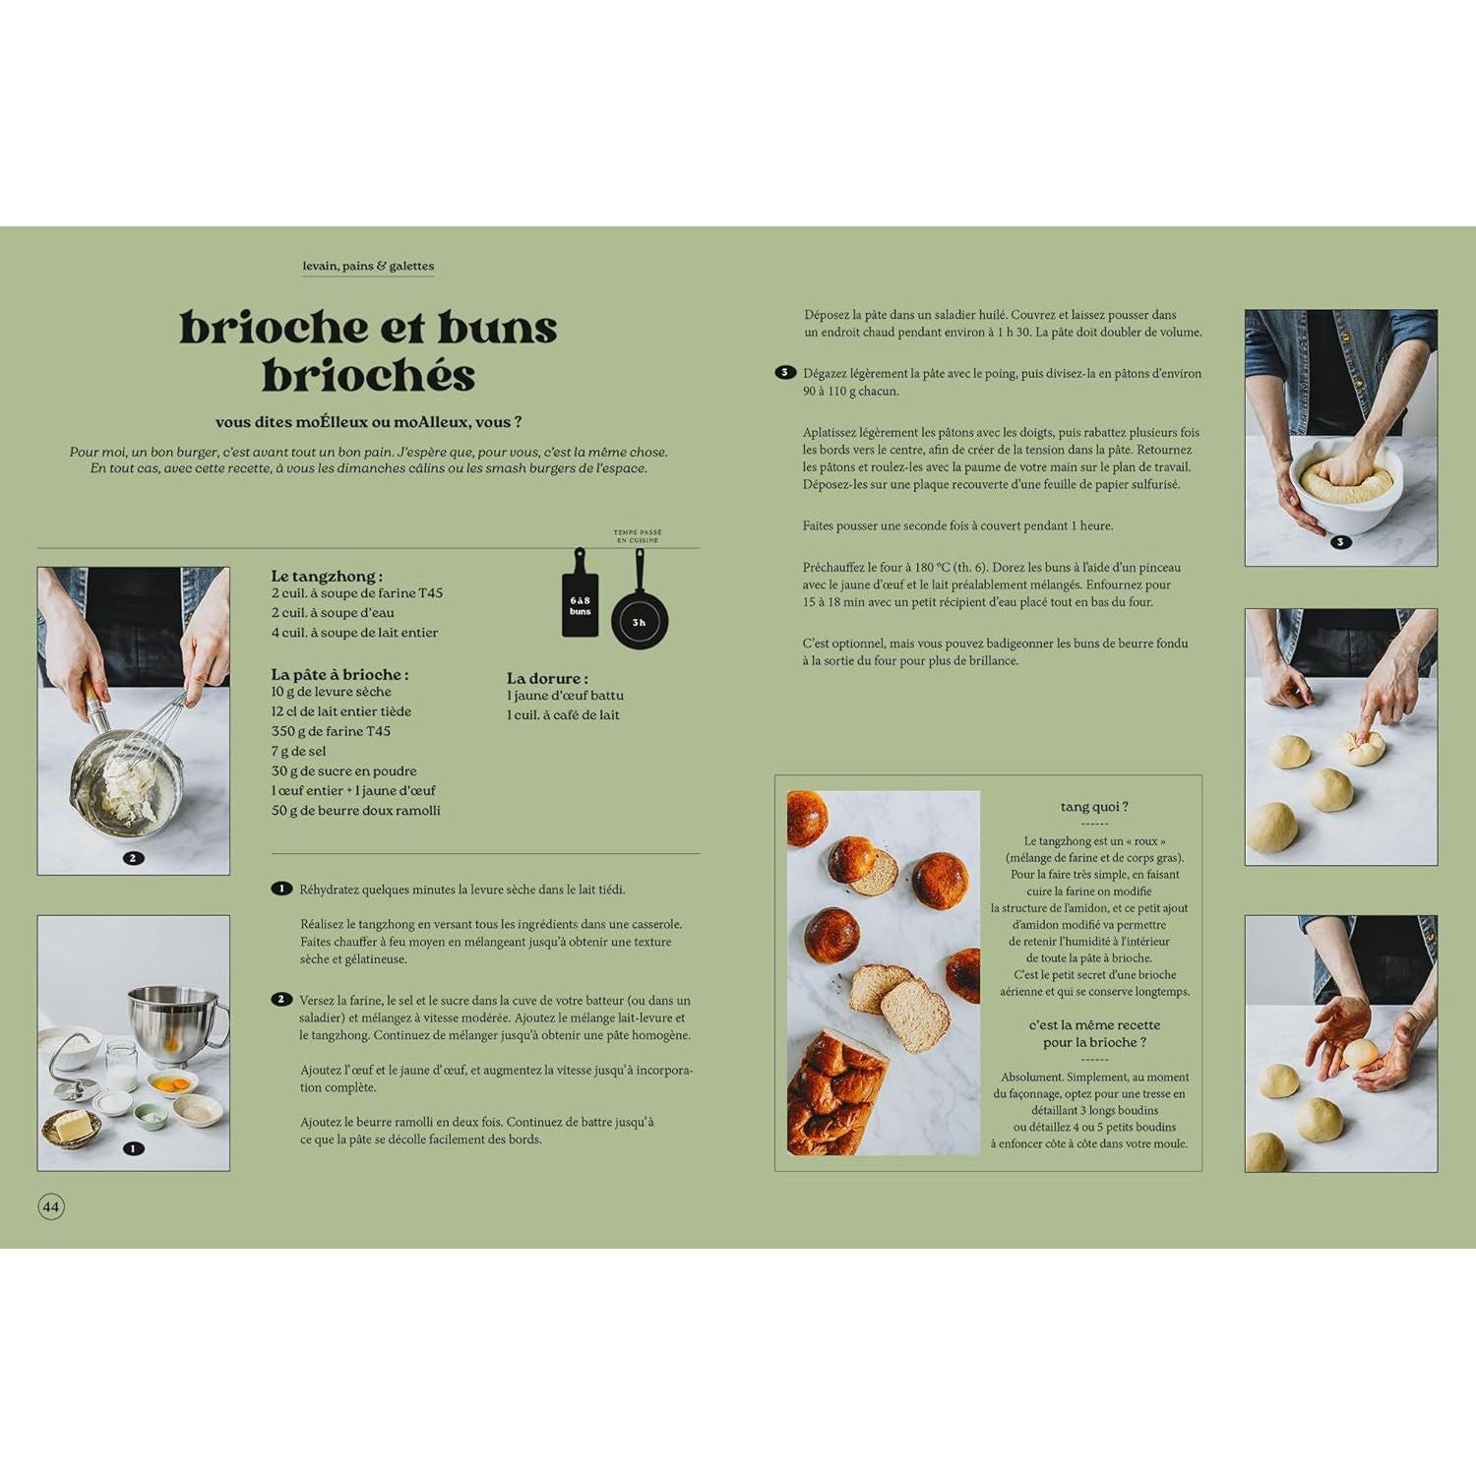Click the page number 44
[x=51, y=1206]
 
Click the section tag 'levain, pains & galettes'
[x=368, y=266]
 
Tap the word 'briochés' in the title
[x=368, y=376]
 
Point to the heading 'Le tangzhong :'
[x=327, y=576]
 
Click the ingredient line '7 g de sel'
[x=298, y=751]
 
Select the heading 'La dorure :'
[x=547, y=678]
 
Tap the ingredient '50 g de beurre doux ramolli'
[x=355, y=810]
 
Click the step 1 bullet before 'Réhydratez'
[x=281, y=889]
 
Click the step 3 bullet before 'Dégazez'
[x=784, y=373]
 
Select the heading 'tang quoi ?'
[x=1094, y=807]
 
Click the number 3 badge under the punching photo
[x=1340, y=542]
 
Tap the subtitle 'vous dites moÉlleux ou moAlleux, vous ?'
[x=368, y=422]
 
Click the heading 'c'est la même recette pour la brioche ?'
[x=1094, y=1033]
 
